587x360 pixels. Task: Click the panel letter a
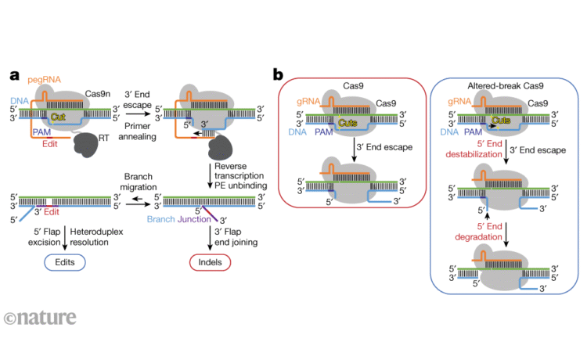pos(14,76)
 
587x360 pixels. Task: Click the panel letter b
pos(278,75)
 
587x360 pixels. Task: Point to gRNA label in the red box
pos(308,103)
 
